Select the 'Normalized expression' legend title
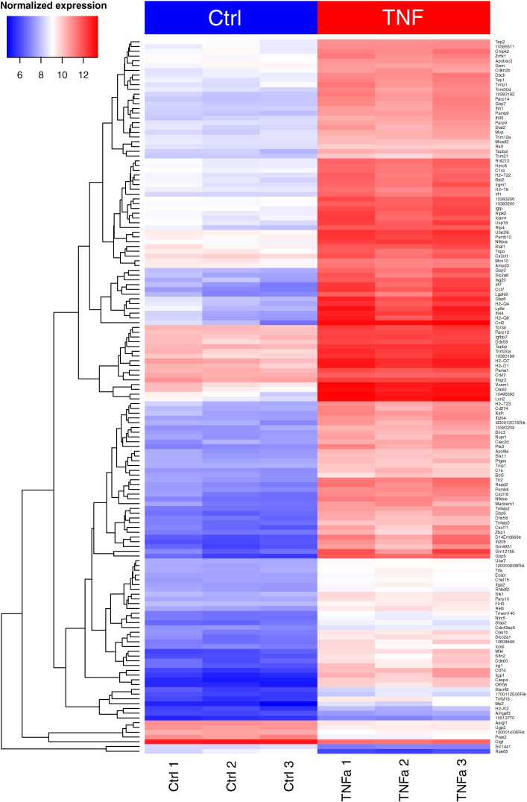click(54, 6)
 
